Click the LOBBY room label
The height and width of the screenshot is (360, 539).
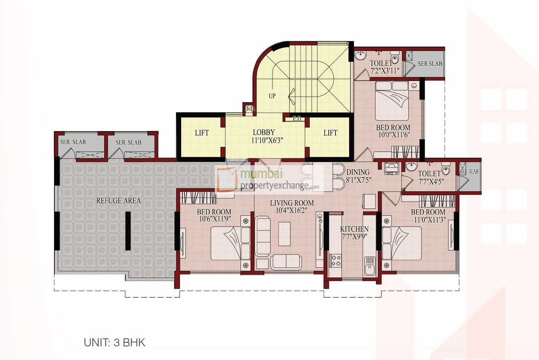[264, 133]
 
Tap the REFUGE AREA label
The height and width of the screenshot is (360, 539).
[119, 200]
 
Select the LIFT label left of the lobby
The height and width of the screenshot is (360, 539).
[202, 133]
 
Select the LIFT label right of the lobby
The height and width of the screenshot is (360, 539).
[330, 133]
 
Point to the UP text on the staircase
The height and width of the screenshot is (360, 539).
[272, 96]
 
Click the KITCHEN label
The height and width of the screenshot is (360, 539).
[354, 229]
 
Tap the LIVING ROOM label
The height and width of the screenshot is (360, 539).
[292, 203]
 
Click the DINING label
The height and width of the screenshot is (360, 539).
[358, 172]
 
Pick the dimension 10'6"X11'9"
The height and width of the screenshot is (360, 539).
[214, 219]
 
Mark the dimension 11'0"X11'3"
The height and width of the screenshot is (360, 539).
[428, 219]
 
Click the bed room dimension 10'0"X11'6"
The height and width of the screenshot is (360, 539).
[393, 135]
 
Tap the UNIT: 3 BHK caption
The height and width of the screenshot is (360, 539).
[115, 343]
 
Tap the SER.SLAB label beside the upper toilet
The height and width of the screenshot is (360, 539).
[430, 64]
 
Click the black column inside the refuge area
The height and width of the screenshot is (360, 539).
[128, 231]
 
